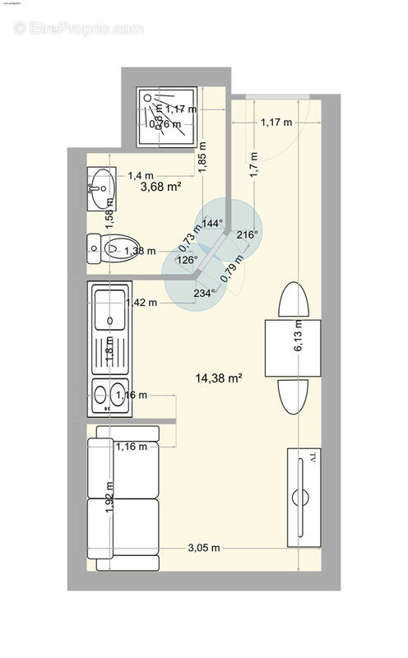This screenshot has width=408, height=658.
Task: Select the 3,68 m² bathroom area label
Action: [x=160, y=187]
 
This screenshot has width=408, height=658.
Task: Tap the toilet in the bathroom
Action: [x=111, y=248]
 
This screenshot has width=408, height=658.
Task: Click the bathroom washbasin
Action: [x=100, y=184]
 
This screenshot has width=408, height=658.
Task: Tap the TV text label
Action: [x=313, y=458]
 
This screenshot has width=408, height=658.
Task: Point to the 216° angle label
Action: [x=247, y=234]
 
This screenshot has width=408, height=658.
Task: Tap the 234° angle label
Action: [x=203, y=291]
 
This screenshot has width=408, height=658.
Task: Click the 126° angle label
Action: [x=188, y=260]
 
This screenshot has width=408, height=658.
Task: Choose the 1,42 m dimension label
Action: [x=141, y=303]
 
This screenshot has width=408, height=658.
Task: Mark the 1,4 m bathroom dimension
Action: [x=141, y=175]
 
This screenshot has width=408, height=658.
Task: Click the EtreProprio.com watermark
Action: [x=79, y=28]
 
